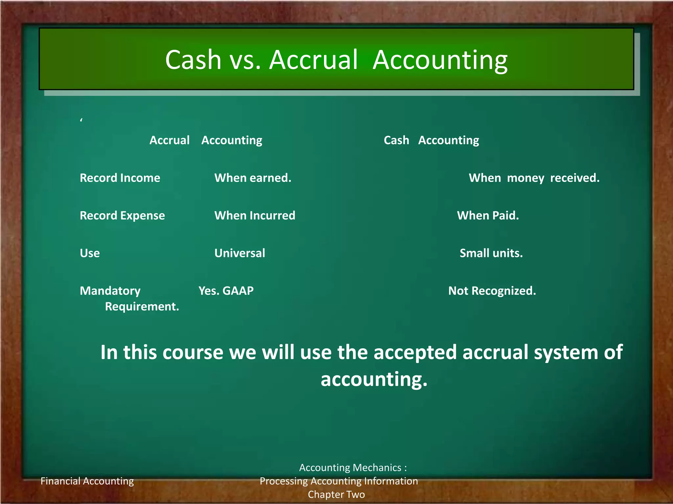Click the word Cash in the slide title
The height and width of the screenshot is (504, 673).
(193, 60)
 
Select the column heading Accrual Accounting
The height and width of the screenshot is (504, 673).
(206, 140)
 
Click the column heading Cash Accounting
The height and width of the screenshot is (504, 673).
(431, 140)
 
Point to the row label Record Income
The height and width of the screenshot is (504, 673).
(120, 178)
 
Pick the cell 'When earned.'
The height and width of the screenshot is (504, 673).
(253, 178)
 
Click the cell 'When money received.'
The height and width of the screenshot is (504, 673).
(534, 178)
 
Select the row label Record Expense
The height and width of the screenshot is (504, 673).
(122, 216)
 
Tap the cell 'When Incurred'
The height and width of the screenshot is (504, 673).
(255, 216)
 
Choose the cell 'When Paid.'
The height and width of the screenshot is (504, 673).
(488, 216)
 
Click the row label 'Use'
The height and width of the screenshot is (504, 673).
(90, 253)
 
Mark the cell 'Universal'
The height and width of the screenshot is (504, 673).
(240, 253)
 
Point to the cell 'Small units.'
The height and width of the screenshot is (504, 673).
(491, 253)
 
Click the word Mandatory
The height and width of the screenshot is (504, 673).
(110, 291)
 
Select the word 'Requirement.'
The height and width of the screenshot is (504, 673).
(142, 306)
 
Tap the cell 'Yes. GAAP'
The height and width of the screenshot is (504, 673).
(226, 291)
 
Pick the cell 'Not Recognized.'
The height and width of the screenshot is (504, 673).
(492, 291)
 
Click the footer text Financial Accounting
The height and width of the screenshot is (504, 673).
(87, 481)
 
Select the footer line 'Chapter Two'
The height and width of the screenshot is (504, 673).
(336, 494)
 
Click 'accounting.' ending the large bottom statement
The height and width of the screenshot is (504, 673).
(374, 379)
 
